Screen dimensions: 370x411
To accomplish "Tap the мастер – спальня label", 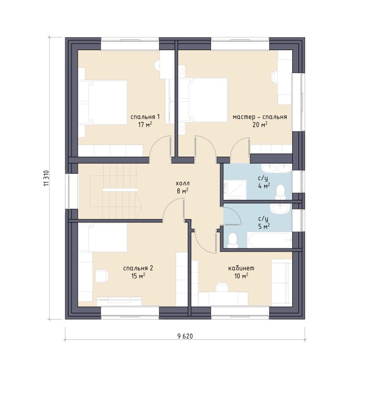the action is tap(260, 117).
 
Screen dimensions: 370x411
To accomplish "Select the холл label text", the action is tap(182, 183).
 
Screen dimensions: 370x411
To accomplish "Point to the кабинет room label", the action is tap(241, 268).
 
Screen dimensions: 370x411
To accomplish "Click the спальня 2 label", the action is tap(138, 268).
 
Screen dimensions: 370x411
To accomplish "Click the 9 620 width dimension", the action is tap(185, 336).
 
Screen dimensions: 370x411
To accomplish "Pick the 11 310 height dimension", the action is tap(47, 178).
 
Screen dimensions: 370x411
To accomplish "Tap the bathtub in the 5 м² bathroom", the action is tap(270, 240).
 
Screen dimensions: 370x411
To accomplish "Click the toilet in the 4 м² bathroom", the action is tap(281, 192).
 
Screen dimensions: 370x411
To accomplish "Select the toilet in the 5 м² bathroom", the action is tap(233, 241).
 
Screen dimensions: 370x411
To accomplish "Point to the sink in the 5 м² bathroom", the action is tap(280, 209).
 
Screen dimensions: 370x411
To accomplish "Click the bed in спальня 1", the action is tap(103, 102).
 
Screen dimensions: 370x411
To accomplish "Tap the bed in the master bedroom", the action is tap(203, 100).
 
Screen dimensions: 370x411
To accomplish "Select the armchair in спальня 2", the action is tap(102, 276).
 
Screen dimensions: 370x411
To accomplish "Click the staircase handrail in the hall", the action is tap(120, 190).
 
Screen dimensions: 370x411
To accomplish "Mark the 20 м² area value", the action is tap(260, 125).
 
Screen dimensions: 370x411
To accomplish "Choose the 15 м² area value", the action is tap(138, 276).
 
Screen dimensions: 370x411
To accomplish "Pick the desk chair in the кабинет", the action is tap(222, 287).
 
